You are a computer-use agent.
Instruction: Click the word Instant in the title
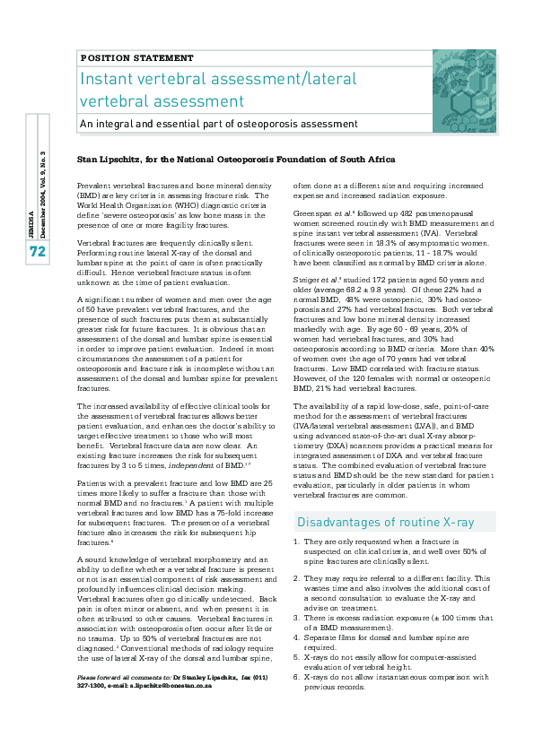[x=109, y=79]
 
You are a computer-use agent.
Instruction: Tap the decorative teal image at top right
[x=463, y=79]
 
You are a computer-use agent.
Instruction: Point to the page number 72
[x=37, y=252]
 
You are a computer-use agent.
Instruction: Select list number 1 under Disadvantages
[x=297, y=542]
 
